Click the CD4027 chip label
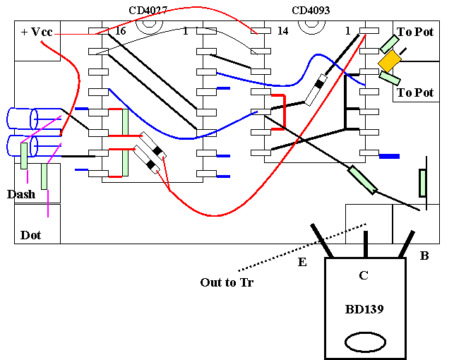click(x=148, y=11)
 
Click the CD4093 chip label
click(x=311, y=11)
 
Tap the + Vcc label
click(x=37, y=32)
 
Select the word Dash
click(x=21, y=194)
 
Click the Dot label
click(x=30, y=235)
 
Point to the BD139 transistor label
click(x=364, y=309)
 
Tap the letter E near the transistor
click(x=302, y=262)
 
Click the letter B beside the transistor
click(x=424, y=256)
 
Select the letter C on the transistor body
click(x=364, y=275)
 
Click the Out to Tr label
click(x=227, y=282)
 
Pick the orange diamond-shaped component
click(x=390, y=61)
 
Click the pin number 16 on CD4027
click(x=121, y=30)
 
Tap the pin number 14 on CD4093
click(x=283, y=30)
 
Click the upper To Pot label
click(x=415, y=32)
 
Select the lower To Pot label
click(x=415, y=92)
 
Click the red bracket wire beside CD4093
click(x=285, y=112)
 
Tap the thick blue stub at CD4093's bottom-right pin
click(x=389, y=156)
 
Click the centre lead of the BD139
click(x=366, y=244)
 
